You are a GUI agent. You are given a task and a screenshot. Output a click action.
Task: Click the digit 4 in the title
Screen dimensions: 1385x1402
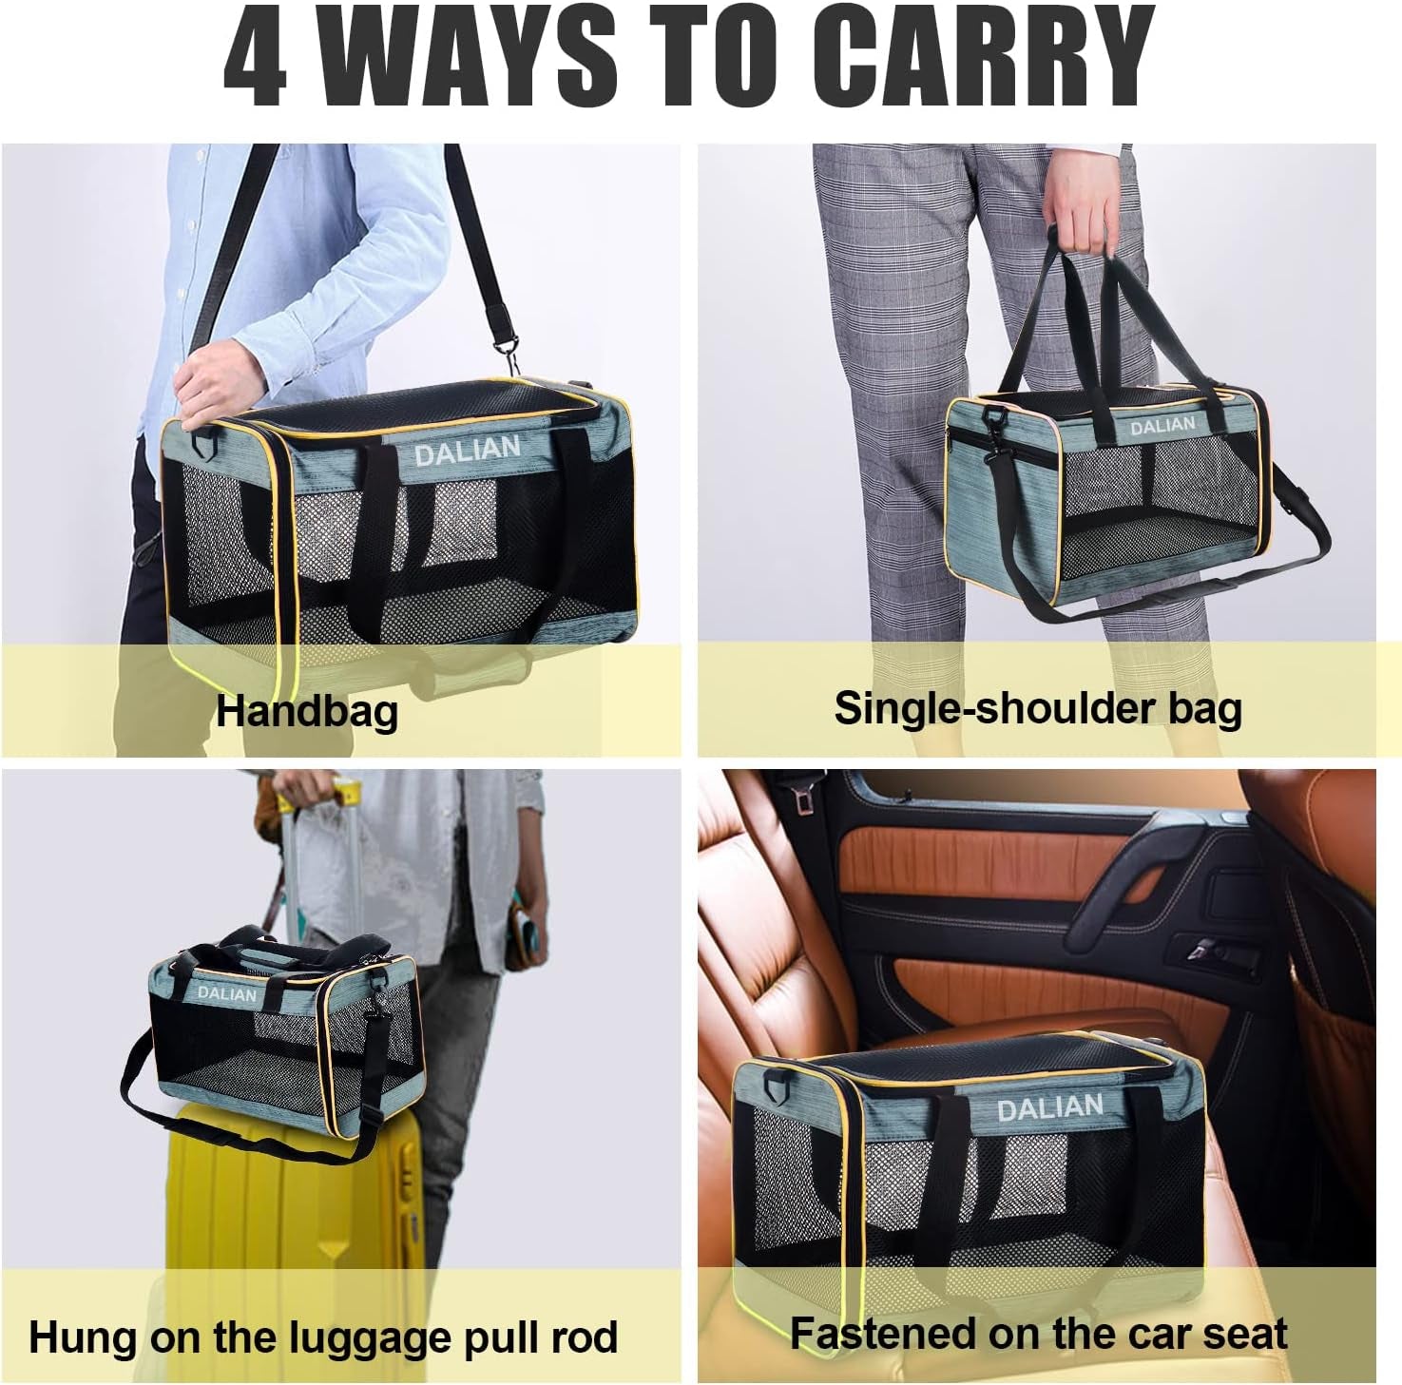pyautogui.click(x=255, y=57)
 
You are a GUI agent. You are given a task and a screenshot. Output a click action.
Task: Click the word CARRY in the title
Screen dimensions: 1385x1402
pyautogui.click(x=992, y=57)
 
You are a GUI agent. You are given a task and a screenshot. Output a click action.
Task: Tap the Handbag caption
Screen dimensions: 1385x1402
pyautogui.click(x=306, y=711)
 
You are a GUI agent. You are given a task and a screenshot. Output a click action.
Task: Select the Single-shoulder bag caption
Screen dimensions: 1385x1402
pyautogui.click(x=1037, y=708)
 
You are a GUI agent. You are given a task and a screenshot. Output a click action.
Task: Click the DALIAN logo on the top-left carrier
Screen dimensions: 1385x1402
pyautogui.click(x=467, y=452)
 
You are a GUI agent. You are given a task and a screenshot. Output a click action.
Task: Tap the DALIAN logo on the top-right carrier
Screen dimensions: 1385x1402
pyautogui.click(x=1162, y=427)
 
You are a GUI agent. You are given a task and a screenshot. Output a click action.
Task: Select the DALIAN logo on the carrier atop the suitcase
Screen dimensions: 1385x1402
pyautogui.click(x=226, y=993)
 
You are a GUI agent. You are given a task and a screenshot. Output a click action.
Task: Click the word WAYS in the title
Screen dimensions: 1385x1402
pyautogui.click(x=466, y=57)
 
